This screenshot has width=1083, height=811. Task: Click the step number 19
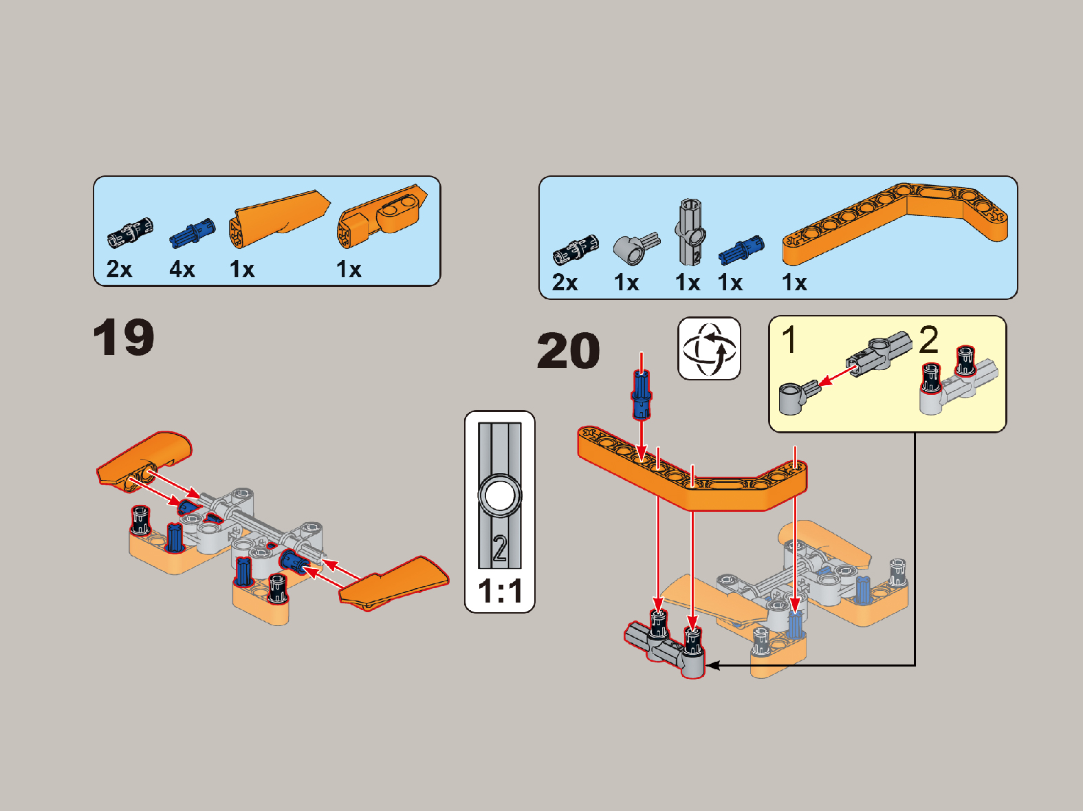click(123, 337)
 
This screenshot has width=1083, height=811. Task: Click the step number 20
click(569, 350)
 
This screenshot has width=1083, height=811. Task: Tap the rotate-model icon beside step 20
click(709, 349)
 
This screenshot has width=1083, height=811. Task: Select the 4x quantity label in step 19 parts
click(182, 270)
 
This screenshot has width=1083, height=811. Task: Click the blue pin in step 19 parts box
click(193, 233)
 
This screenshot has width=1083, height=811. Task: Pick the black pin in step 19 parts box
click(130, 233)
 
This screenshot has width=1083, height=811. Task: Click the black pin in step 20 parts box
click(576, 250)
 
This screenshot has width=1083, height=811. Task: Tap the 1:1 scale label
click(500, 591)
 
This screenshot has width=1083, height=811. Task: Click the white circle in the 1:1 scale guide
click(500, 495)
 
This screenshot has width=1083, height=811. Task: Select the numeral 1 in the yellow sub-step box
click(789, 340)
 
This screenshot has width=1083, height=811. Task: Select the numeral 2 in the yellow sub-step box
click(928, 340)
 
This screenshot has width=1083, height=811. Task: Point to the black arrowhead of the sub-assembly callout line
click(712, 666)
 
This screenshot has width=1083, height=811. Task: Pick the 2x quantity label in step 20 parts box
click(565, 283)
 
